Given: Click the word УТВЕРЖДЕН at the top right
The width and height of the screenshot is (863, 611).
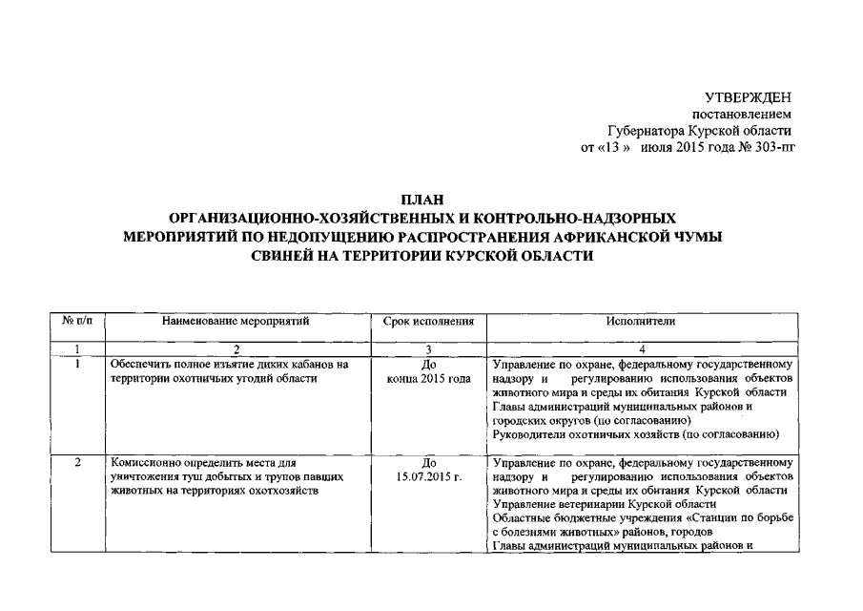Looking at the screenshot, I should click(748, 98).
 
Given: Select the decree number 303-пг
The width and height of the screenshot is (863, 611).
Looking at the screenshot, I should click(773, 147).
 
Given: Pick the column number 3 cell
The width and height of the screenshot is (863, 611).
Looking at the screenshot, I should click(428, 348).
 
